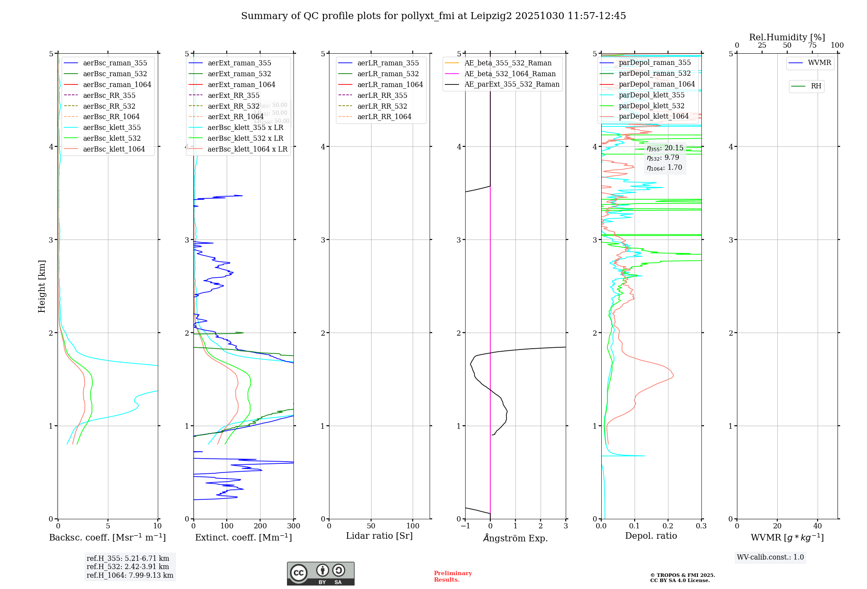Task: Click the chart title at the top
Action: pyautogui.click(x=433, y=16)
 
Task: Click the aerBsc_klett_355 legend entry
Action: pyautogui.click(x=112, y=127)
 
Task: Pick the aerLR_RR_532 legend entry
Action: pyautogui.click(x=382, y=106)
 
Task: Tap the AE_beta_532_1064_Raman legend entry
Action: pyautogui.click(x=510, y=74)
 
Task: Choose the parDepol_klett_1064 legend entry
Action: pyautogui.click(x=654, y=116)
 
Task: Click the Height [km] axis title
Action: pyautogui.click(x=42, y=286)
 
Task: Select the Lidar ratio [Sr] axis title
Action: pyautogui.click(x=379, y=536)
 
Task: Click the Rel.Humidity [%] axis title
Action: pyautogui.click(x=787, y=37)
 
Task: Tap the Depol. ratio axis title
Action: pyautogui.click(x=651, y=536)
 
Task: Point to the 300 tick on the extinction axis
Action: pyautogui.click(x=293, y=526)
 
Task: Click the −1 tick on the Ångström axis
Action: pyautogui.click(x=465, y=526)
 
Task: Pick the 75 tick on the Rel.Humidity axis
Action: pyautogui.click(x=812, y=45)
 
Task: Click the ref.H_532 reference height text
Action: pyautogui.click(x=128, y=566)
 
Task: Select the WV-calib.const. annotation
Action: pyautogui.click(x=770, y=557)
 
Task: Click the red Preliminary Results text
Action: pyautogui.click(x=453, y=576)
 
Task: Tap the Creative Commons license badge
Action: pyautogui.click(x=320, y=574)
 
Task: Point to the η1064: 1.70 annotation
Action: pyautogui.click(x=664, y=168)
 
